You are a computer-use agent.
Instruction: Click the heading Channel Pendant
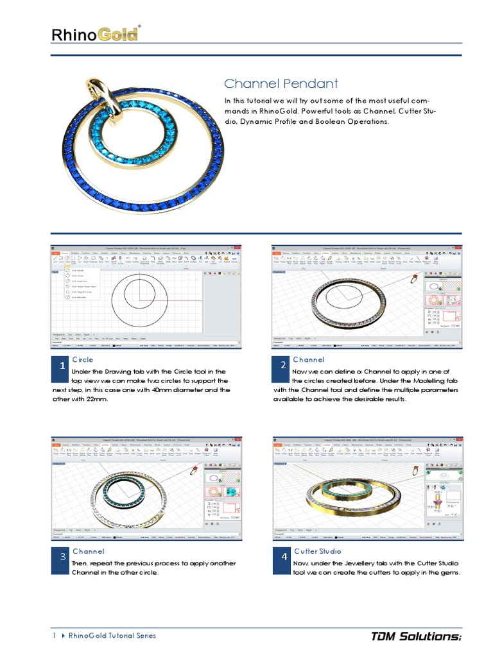click(x=281, y=84)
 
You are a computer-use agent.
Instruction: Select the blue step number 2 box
click(x=282, y=366)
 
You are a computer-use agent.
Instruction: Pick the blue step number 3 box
click(x=62, y=557)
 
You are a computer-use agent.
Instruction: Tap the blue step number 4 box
click(x=282, y=557)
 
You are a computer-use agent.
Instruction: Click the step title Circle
click(x=82, y=359)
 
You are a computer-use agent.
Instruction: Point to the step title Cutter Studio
click(x=318, y=551)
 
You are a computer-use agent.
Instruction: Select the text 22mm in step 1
click(x=94, y=398)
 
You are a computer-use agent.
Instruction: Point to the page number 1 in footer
click(x=54, y=636)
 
